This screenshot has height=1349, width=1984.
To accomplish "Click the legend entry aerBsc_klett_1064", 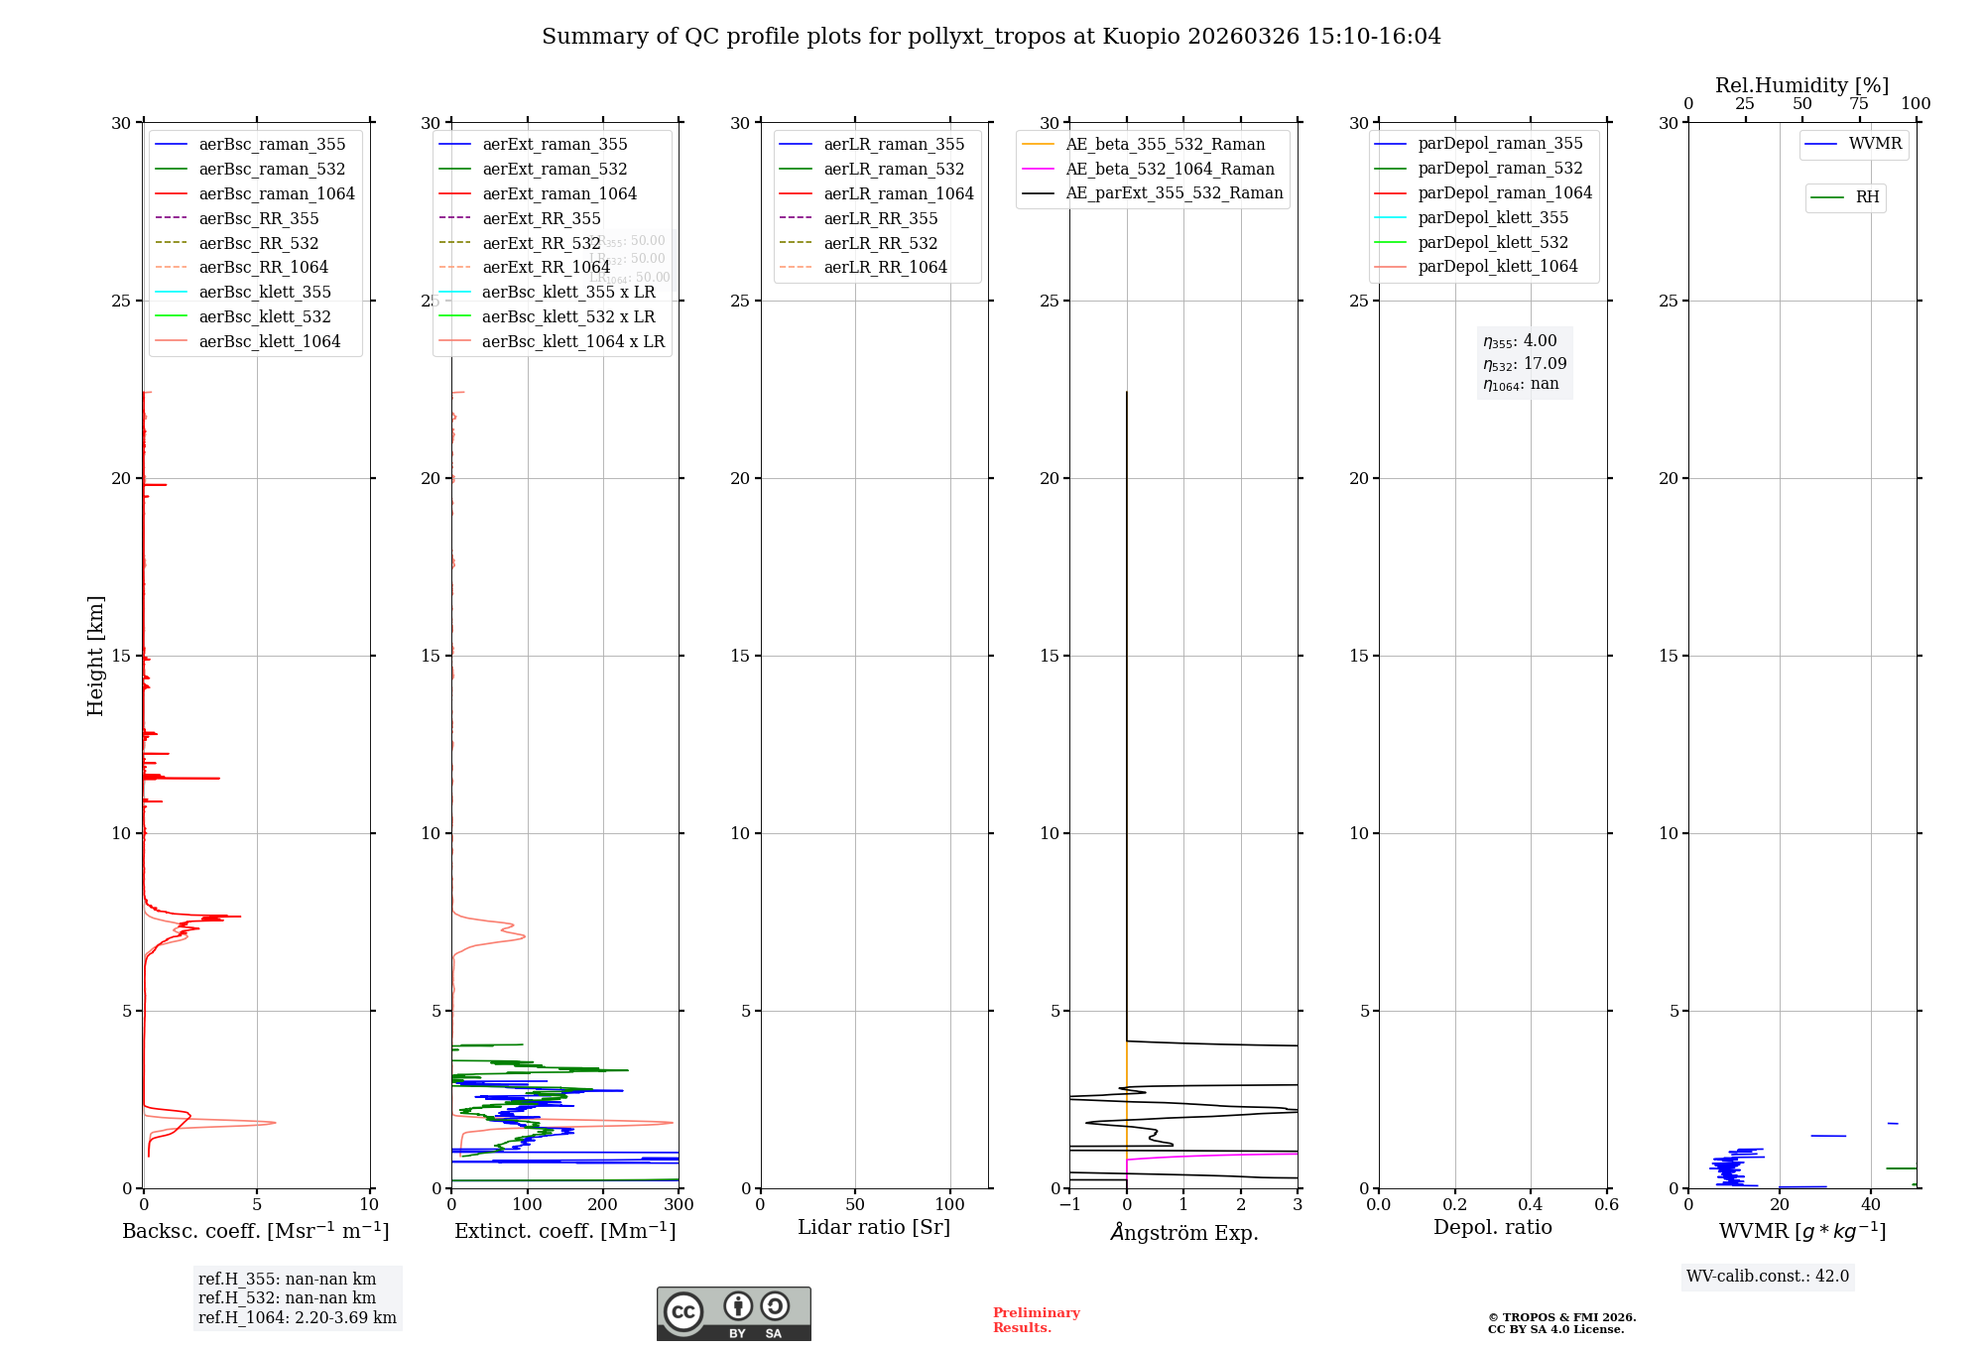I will [x=269, y=341].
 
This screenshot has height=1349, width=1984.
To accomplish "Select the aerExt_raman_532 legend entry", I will [x=555, y=169].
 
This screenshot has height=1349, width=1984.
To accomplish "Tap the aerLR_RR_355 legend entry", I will [x=880, y=218].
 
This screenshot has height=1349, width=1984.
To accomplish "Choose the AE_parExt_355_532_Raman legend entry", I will [x=1174, y=192].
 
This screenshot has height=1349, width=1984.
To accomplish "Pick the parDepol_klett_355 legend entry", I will [x=1493, y=217].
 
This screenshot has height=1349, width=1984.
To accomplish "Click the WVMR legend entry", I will [x=1875, y=144].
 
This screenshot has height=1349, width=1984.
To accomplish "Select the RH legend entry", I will [x=1867, y=197].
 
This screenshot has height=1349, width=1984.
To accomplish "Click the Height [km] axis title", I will [x=95, y=656].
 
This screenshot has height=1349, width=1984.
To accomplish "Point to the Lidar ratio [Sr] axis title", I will [x=874, y=1227].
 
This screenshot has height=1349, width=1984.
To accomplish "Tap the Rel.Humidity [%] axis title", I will [x=1801, y=85].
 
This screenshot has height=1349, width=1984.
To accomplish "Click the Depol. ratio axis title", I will [x=1492, y=1227].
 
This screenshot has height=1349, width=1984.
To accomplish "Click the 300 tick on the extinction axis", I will [x=679, y=1205].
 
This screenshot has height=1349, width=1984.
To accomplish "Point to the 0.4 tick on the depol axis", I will [x=1531, y=1205].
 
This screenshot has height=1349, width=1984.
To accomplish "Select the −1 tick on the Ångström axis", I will [x=1069, y=1205].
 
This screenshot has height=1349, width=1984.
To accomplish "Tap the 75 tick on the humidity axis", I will [x=1859, y=104].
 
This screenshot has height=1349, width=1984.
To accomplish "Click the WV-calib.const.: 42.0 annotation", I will [x=1768, y=1276].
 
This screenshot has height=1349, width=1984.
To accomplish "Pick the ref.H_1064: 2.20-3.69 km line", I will [x=297, y=1317].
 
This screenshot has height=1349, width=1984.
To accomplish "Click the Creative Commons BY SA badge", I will [x=733, y=1313].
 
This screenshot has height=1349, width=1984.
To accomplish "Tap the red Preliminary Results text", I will [x=1036, y=1320].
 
